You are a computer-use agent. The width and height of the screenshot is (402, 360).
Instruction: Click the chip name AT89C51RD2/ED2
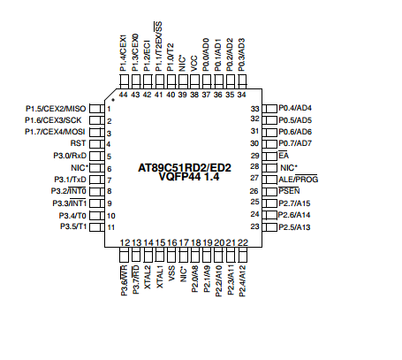point(185,168)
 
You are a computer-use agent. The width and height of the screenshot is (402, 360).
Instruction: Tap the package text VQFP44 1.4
point(189,177)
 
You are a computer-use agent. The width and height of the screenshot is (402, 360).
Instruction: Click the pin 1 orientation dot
point(113,100)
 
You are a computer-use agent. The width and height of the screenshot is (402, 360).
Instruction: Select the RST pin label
point(78,143)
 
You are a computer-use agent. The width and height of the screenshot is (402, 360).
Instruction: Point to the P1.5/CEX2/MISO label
point(56,109)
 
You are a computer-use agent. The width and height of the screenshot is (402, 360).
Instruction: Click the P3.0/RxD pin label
point(70,156)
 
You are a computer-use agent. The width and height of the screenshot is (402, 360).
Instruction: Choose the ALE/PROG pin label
point(299,180)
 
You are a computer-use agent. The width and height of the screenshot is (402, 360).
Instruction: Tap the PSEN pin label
point(289,191)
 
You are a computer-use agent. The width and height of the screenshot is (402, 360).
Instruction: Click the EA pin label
point(284,156)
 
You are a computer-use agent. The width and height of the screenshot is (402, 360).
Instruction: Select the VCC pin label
point(194,64)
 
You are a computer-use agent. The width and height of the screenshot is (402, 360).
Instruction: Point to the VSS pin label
point(171,273)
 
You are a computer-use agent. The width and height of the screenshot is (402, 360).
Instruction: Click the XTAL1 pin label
point(159,277)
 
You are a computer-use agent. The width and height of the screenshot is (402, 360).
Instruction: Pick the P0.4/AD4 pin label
point(295,108)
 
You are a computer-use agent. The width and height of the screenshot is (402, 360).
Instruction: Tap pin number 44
point(124,95)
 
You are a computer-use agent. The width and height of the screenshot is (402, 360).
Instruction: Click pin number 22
point(243,242)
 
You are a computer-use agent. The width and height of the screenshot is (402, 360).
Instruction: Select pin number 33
point(254,109)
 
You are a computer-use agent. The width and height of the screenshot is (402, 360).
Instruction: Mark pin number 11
point(111,227)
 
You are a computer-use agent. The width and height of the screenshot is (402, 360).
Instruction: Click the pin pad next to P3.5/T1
point(97,227)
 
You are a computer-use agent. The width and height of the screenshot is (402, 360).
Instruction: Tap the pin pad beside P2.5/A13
point(269,227)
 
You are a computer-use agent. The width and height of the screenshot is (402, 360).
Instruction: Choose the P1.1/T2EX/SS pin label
point(158,46)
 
